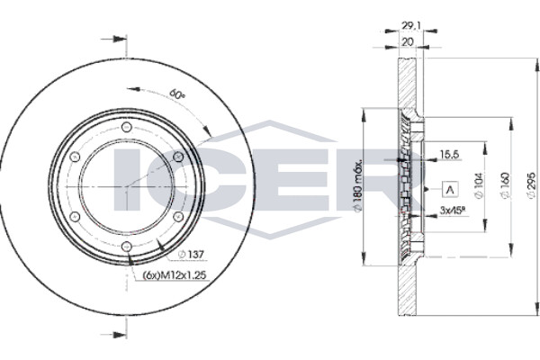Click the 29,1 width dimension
pyautogui.click(x=410, y=25)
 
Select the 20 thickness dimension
pyautogui.click(x=408, y=41)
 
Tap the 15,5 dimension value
pyautogui.click(x=449, y=155)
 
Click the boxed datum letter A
pyautogui.click(x=451, y=189)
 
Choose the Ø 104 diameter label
pyautogui.click(x=479, y=186)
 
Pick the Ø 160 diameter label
pyautogui.click(x=505, y=186)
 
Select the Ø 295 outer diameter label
pyautogui.click(x=532, y=185)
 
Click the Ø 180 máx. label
pyautogui.click(x=358, y=185)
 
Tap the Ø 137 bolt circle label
pyautogui.click(x=191, y=255)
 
